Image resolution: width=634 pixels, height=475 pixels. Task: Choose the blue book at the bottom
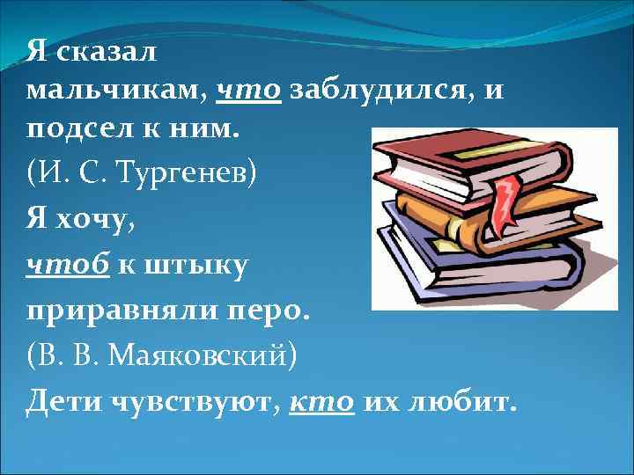coord(475,273)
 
